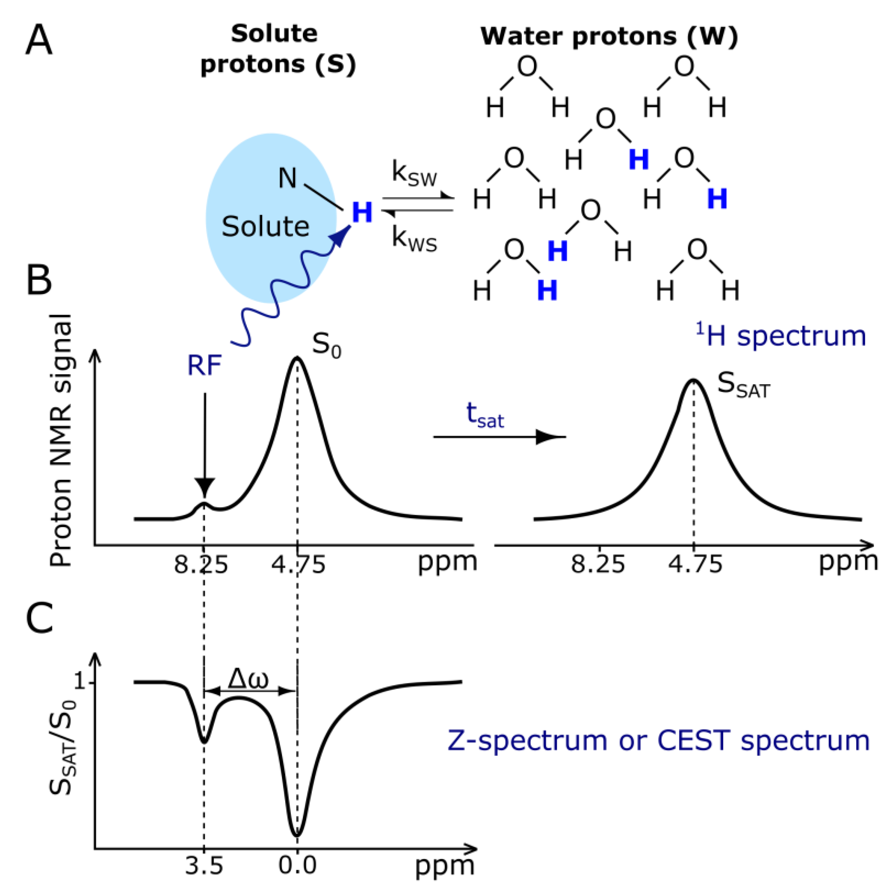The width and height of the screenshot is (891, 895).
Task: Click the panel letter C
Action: [40, 618]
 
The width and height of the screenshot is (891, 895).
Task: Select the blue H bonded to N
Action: [362, 213]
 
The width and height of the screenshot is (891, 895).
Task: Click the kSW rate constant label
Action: [414, 174]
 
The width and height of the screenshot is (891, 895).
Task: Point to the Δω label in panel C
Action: [248, 679]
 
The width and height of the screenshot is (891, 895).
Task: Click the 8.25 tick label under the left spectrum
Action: [201, 565]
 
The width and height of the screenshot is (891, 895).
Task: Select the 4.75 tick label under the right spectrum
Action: [695, 565]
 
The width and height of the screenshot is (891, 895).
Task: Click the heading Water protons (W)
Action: [609, 36]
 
